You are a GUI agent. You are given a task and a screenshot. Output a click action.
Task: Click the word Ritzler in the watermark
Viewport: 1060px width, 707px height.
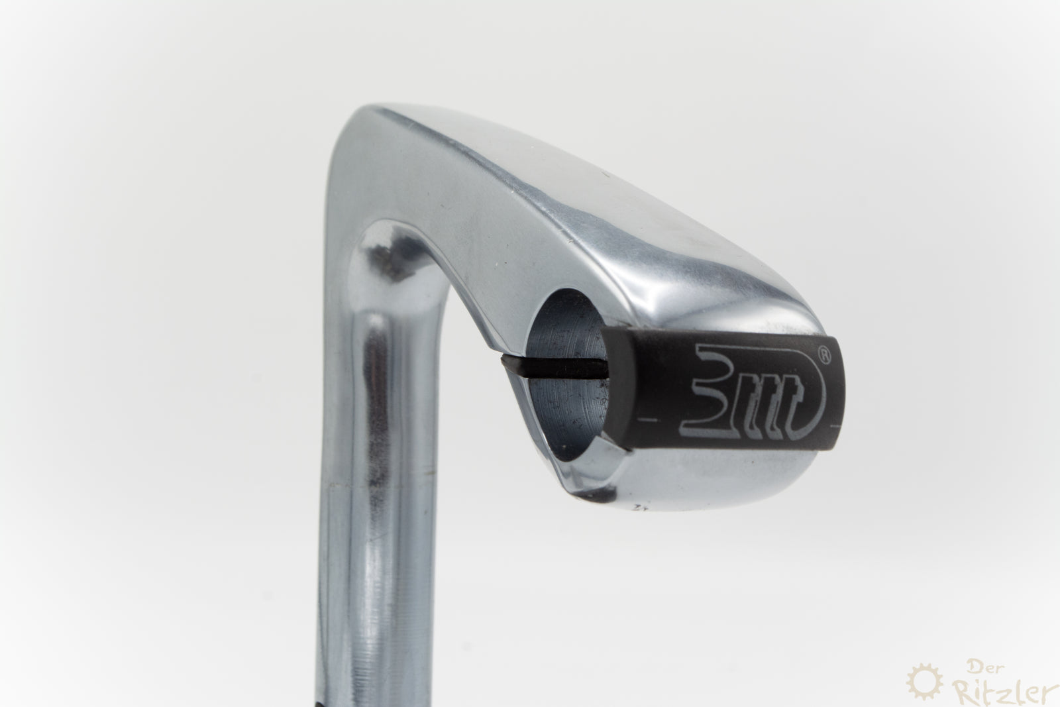1000,693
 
